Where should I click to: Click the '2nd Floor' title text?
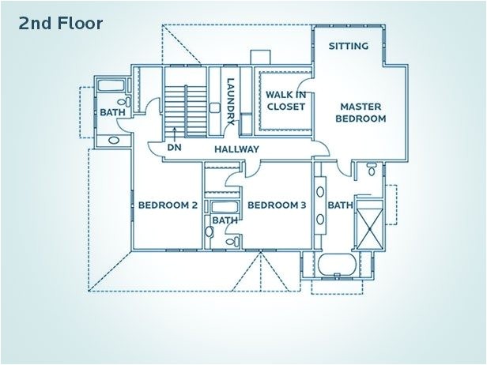click(x=60, y=24)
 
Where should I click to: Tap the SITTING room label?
click(x=349, y=46)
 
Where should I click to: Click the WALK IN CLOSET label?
click(x=285, y=100)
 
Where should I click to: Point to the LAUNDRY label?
click(x=230, y=101)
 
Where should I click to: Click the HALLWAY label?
click(x=236, y=149)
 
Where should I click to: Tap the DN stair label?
click(x=173, y=148)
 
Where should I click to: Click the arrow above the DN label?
click(x=173, y=132)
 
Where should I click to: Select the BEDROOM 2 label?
click(x=168, y=205)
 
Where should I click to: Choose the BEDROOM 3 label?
click(x=277, y=205)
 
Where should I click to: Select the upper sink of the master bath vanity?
click(x=322, y=191)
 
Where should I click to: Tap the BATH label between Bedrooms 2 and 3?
click(x=225, y=220)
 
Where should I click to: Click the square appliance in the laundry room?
click(x=214, y=107)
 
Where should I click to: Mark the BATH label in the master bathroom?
click(x=340, y=205)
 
